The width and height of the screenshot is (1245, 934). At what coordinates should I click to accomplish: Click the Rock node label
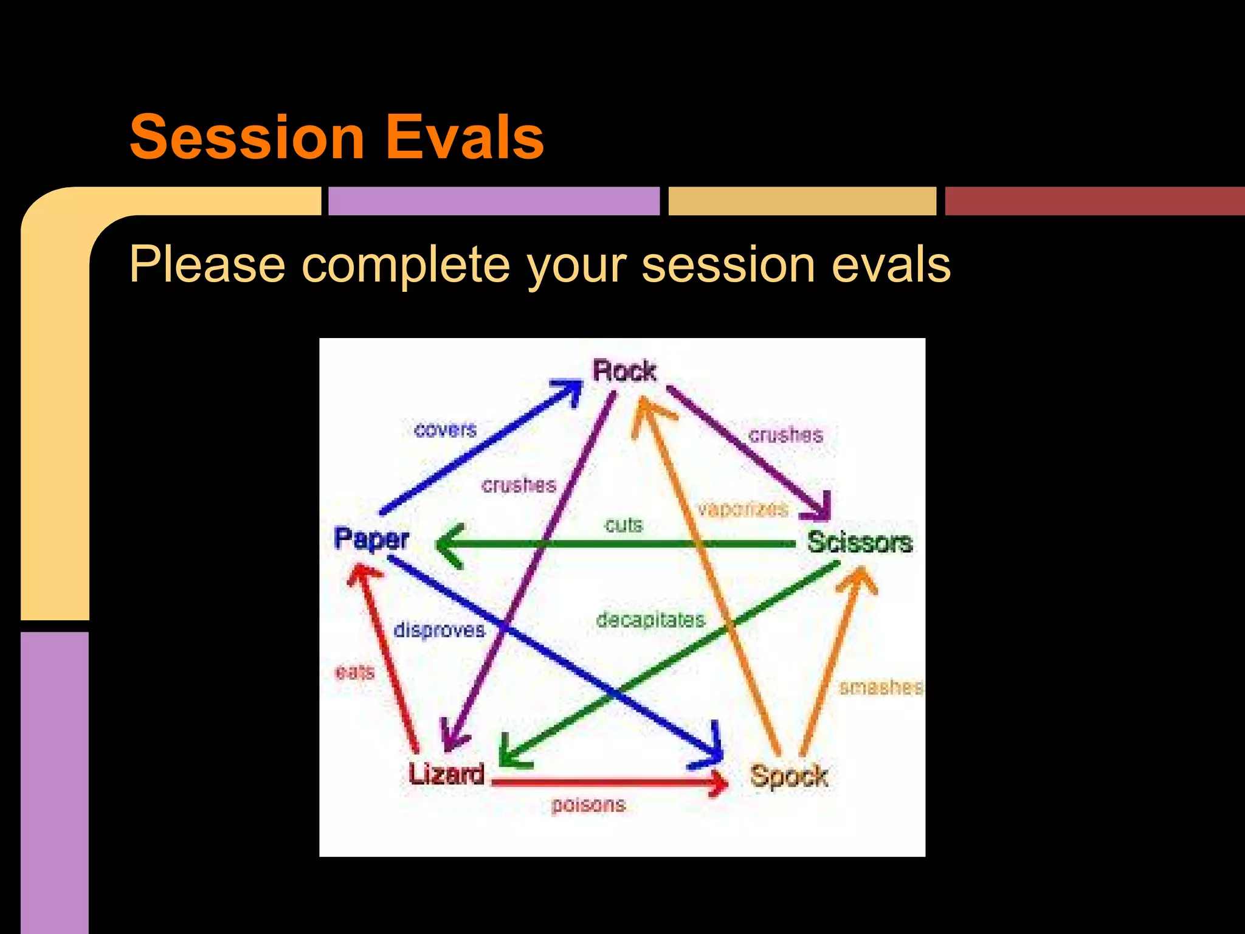(624, 370)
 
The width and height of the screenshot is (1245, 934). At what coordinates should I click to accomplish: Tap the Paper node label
(371, 539)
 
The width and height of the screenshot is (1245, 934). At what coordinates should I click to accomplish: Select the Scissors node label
(860, 542)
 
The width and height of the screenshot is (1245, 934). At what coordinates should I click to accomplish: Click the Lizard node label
(446, 774)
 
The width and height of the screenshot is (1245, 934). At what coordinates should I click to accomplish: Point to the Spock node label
(788, 777)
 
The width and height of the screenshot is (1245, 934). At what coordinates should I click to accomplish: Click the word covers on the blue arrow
(445, 430)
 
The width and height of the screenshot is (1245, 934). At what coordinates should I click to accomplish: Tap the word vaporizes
(742, 509)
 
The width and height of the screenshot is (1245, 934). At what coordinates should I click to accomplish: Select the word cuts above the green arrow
(623, 525)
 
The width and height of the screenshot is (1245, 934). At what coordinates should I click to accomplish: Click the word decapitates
(650, 620)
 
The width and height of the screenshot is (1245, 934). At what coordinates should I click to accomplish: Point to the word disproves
(439, 629)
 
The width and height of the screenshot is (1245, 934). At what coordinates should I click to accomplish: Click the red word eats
(354, 672)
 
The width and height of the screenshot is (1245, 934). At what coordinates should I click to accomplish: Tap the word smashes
(881, 687)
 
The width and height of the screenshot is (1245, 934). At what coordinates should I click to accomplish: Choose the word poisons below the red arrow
(588, 804)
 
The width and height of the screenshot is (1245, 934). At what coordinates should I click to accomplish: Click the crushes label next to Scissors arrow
(785, 435)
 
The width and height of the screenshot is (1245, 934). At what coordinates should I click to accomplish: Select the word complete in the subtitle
(405, 265)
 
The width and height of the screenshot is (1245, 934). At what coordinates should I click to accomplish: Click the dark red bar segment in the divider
(1094, 201)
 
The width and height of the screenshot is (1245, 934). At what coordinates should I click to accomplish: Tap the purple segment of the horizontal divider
(494, 201)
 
